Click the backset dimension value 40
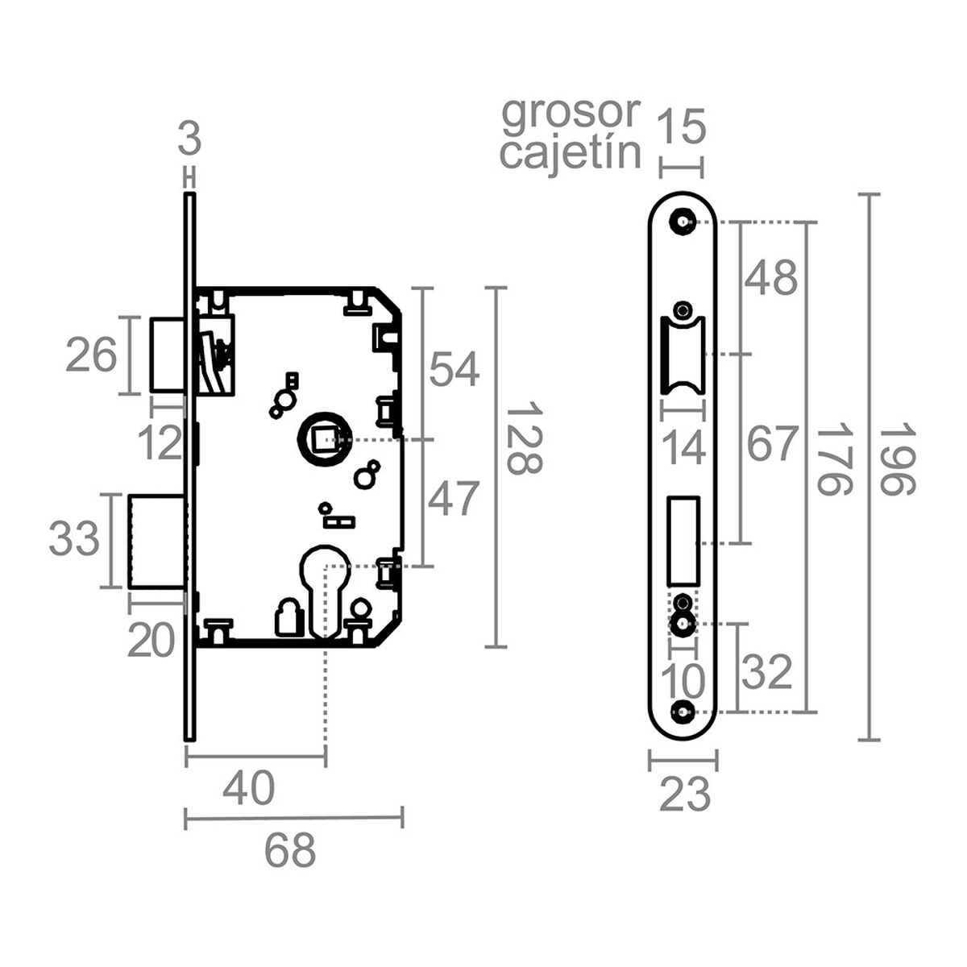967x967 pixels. (x=249, y=789)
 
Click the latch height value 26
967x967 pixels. (x=91, y=355)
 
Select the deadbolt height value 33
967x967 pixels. (x=75, y=539)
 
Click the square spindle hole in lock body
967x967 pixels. (x=323, y=440)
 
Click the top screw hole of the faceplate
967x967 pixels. (x=683, y=221)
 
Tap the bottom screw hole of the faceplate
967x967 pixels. (x=683, y=712)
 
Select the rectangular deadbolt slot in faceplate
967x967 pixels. (x=683, y=539)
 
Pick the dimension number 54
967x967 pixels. (x=454, y=370)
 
